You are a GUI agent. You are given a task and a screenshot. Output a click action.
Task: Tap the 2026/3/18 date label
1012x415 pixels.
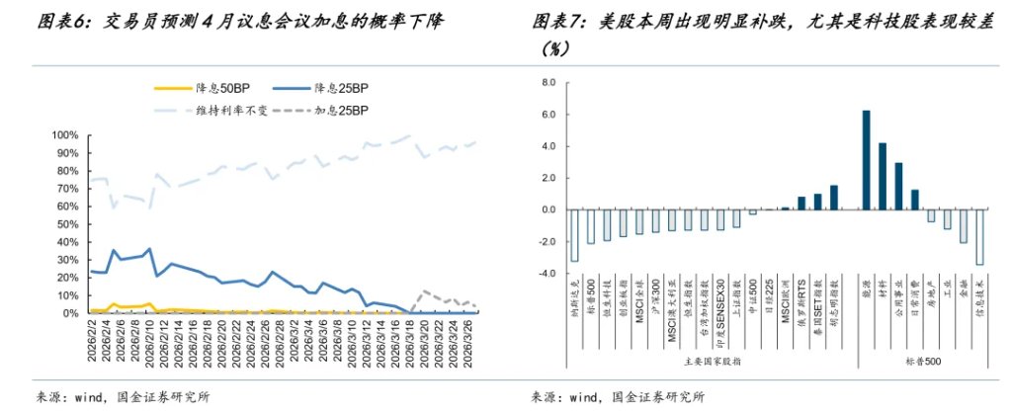click(409, 345)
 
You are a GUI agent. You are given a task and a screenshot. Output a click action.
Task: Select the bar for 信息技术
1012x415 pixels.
click(978, 237)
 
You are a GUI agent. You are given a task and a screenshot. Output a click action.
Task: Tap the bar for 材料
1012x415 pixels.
click(882, 176)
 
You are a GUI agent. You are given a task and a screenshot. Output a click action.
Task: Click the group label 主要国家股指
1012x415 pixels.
click(704, 361)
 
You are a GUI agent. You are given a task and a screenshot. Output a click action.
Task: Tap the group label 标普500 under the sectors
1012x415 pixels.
click(922, 361)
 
